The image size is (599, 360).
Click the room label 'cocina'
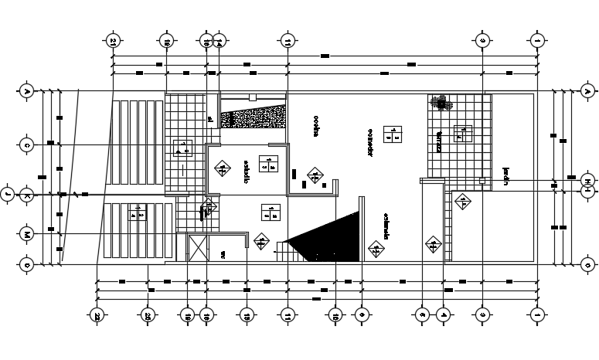pyautogui.click(x=315, y=127)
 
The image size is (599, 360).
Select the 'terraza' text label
pyautogui.click(x=437, y=142)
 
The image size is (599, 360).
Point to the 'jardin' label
pyautogui.click(x=505, y=177)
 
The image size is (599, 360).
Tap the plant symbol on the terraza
pyautogui.click(x=440, y=102)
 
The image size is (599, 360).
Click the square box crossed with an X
pyautogui.click(x=196, y=250)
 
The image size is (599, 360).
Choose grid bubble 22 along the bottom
pyautogui.click(x=97, y=315)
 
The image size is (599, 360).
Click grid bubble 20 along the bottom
pyautogui.click(x=147, y=315)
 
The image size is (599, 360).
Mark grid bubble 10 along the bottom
pyautogui.click(x=335, y=315)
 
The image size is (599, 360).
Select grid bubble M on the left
pyautogui.click(x=26, y=233)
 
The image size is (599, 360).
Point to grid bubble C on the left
pyautogui.click(x=26, y=144)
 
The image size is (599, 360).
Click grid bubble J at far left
pyautogui.click(x=7, y=193)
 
